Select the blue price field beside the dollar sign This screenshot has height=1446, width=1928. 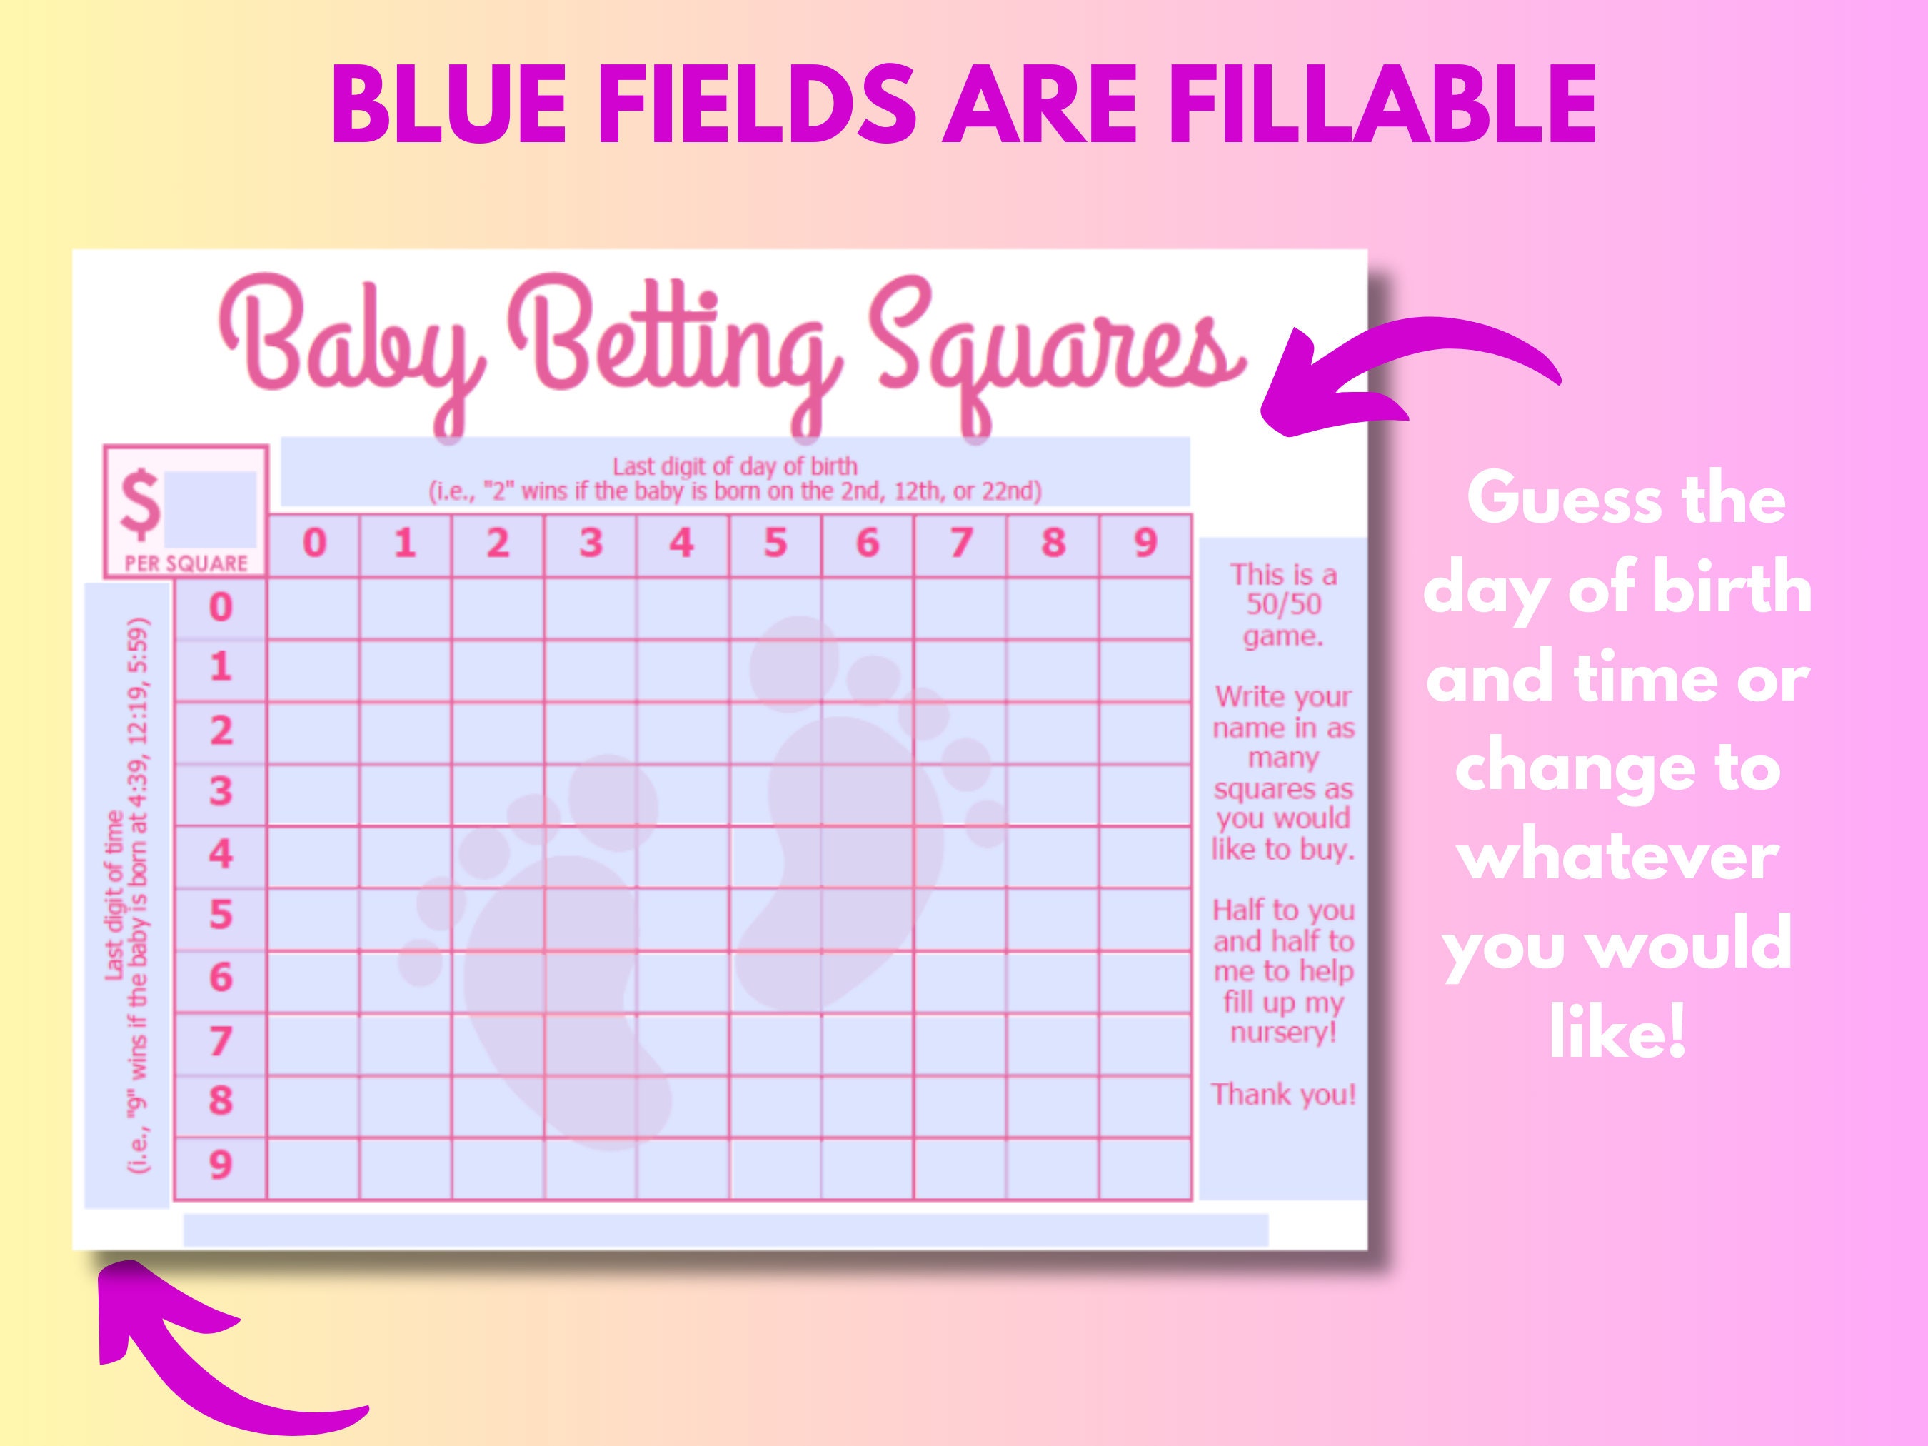210,509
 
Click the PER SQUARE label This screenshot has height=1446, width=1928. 186,563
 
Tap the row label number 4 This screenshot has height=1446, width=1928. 221,854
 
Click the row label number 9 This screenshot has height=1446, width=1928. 221,1165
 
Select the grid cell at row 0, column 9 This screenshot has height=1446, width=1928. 1145,608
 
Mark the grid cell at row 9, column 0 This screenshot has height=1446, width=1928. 313,1168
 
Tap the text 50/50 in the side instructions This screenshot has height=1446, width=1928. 1283,604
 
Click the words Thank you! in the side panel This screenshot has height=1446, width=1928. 1283,1094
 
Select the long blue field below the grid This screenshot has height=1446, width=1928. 725,1229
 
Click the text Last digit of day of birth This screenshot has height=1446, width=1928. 735,466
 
